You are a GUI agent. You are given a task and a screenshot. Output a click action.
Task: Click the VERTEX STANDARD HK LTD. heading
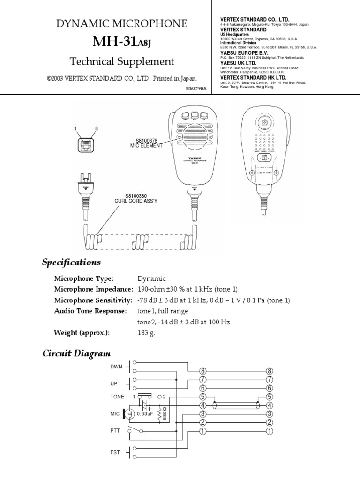[253, 77]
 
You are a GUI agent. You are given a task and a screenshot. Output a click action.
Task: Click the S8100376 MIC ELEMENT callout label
[146, 142]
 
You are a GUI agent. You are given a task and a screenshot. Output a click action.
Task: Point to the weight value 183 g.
[146, 333]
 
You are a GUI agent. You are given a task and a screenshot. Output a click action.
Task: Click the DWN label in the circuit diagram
[116, 366]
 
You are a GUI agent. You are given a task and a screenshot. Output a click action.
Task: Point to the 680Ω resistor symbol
[162, 413]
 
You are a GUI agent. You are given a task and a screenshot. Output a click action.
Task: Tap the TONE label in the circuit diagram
[117, 396]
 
